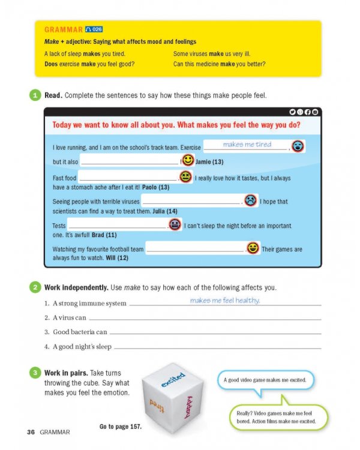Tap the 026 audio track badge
(x=94, y=29)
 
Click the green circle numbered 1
(x=35, y=95)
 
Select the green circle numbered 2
(x=35, y=287)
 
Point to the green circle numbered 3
(x=35, y=373)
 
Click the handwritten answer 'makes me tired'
(x=247, y=145)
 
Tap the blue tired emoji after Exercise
(x=297, y=146)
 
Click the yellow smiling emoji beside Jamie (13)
(x=188, y=161)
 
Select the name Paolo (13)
(x=155, y=187)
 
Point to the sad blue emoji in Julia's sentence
(x=250, y=201)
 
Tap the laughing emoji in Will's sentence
(x=253, y=248)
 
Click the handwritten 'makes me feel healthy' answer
(x=225, y=301)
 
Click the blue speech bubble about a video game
(x=265, y=380)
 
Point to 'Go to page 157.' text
(x=120, y=427)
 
